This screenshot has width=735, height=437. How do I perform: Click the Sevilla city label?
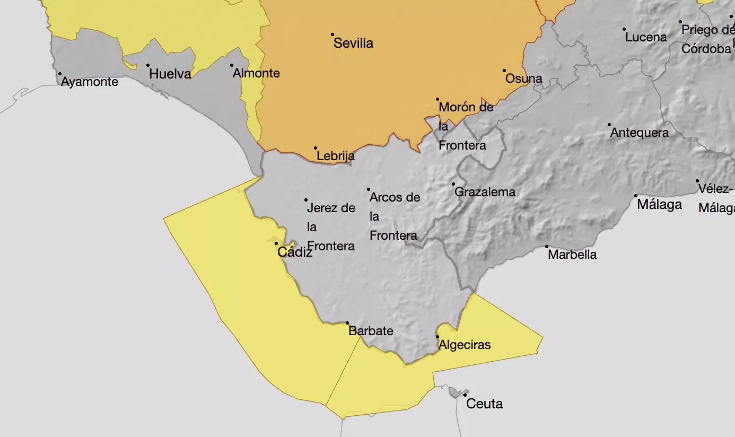tap(353, 43)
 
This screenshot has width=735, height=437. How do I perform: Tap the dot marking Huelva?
tap(148, 66)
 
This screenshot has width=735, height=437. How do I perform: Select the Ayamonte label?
tap(90, 82)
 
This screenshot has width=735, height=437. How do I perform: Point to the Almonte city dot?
tap(232, 66)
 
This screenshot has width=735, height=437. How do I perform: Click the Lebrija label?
tap(335, 156)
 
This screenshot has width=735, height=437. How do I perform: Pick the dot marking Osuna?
tap(504, 71)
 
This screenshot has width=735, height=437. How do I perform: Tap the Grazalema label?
tap(485, 192)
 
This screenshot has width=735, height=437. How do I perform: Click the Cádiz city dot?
tap(276, 243)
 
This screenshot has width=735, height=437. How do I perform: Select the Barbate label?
tap(371, 331)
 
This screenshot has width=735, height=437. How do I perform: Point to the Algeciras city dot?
tap(437, 337)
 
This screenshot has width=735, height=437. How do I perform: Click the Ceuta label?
tap(484, 404)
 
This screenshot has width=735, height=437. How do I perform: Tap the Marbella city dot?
tap(547, 247)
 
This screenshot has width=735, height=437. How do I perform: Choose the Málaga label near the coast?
tap(659, 205)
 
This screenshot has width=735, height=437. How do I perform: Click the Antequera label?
tap(640, 133)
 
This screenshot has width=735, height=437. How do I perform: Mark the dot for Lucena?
tap(624, 30)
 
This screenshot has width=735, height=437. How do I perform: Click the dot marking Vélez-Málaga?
tap(698, 181)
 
